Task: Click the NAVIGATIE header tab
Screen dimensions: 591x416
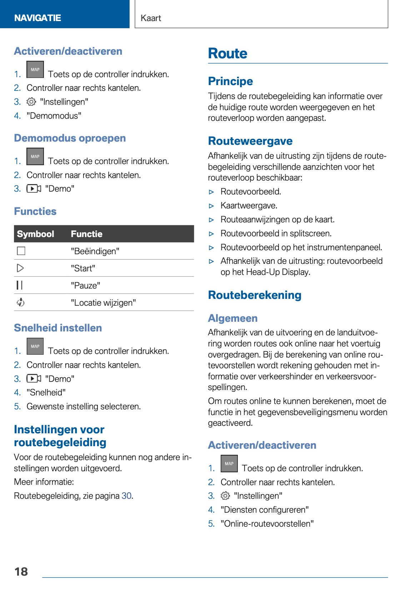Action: [37, 18]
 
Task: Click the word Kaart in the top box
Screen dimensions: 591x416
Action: [151, 18]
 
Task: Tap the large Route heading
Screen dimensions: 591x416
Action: [228, 54]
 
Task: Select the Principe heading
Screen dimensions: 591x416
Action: [230, 81]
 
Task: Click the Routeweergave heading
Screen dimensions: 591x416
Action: [250, 141]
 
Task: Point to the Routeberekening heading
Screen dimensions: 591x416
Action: [255, 295]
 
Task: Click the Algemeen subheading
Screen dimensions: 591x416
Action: [232, 318]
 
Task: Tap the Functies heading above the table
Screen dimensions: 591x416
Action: [35, 211]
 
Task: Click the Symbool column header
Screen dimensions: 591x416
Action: [35, 234]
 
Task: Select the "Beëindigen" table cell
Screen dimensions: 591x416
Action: [95, 251]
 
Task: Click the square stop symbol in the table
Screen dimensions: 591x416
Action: [21, 251]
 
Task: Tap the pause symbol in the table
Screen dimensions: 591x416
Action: [20, 285]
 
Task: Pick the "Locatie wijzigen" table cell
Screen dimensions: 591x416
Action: [103, 303]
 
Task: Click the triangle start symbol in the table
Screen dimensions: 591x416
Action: [20, 268]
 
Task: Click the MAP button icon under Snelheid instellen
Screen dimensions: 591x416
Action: [35, 346]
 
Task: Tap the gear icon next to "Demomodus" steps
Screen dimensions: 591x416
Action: [31, 102]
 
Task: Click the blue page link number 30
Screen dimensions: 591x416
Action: [126, 496]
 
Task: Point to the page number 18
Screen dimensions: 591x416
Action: [21, 571]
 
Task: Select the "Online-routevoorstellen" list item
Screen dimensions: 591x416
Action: [267, 524]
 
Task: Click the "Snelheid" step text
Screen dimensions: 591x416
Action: [46, 393]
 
